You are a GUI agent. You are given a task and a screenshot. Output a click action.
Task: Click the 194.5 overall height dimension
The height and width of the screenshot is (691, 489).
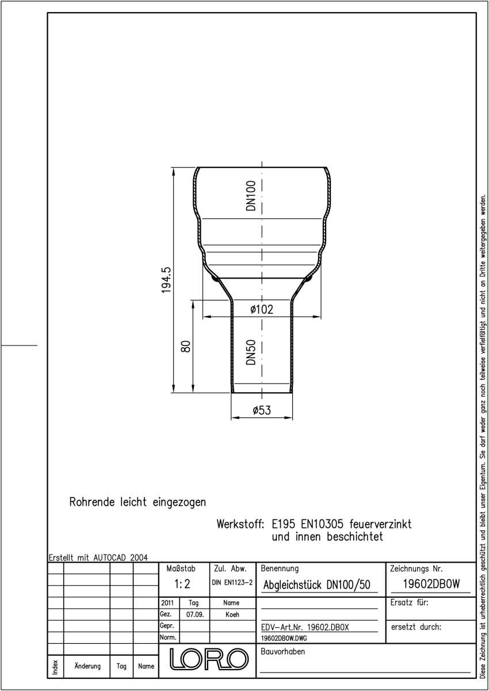coord(166,280)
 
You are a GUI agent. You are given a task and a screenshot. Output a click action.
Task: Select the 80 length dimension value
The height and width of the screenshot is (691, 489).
coord(186,347)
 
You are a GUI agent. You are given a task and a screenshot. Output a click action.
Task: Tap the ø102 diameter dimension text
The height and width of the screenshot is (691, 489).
coord(262,309)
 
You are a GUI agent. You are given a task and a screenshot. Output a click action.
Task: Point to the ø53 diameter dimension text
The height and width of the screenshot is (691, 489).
coord(262,411)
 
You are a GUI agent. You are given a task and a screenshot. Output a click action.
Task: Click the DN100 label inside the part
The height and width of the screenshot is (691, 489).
coord(251,196)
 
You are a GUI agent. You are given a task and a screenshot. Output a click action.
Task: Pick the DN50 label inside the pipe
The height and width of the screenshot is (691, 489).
coord(251,352)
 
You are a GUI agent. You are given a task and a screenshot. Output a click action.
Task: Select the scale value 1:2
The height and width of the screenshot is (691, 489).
coord(182,584)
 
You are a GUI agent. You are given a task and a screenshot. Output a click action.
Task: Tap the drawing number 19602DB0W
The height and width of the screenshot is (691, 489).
coord(431,584)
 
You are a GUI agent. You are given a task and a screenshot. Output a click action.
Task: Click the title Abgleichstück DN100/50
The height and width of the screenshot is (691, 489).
coord(316,585)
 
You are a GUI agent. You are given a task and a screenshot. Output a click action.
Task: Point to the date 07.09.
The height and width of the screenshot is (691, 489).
coord(195,614)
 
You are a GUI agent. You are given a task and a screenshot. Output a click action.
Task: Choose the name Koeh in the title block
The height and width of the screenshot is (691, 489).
coord(232,614)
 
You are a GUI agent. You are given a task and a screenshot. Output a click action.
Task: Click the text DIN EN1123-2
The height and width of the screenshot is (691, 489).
coord(232,582)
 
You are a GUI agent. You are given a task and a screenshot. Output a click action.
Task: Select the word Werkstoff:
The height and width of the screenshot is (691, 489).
coord(240,524)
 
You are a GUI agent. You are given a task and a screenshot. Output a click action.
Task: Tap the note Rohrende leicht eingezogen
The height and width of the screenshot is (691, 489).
coord(137,502)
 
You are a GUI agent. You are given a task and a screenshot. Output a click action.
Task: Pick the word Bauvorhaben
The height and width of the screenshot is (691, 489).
coord(282,651)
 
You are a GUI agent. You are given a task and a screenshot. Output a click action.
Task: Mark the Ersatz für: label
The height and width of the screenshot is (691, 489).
coord(409,602)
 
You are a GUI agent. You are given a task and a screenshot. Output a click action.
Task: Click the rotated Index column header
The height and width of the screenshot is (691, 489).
coord(55,667)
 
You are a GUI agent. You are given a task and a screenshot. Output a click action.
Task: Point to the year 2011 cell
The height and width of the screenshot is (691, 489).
coord(167,603)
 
